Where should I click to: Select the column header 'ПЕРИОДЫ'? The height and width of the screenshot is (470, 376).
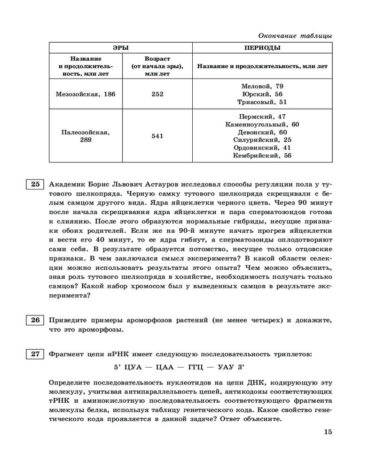pos(262,48)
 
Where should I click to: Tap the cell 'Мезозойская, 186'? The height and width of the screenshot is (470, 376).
pos(86,94)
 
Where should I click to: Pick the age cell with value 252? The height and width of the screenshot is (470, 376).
pos(157,94)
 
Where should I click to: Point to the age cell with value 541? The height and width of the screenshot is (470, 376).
pos(157,136)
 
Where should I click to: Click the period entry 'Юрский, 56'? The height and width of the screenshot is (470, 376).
pos(262,94)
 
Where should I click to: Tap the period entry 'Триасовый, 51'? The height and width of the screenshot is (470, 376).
pos(262,102)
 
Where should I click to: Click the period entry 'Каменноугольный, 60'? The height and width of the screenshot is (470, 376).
pos(262,125)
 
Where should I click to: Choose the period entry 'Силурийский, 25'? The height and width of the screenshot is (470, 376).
pos(262,140)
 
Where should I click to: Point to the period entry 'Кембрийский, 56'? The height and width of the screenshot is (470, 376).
pos(262,156)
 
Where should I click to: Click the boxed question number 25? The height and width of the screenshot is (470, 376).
pos(35,184)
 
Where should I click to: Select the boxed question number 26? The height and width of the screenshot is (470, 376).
pos(35,321)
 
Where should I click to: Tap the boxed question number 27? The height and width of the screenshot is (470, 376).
pos(35,354)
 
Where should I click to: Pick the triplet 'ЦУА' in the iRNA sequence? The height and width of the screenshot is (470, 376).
pos(133,366)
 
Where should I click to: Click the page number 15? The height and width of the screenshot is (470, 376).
pos(328,432)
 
